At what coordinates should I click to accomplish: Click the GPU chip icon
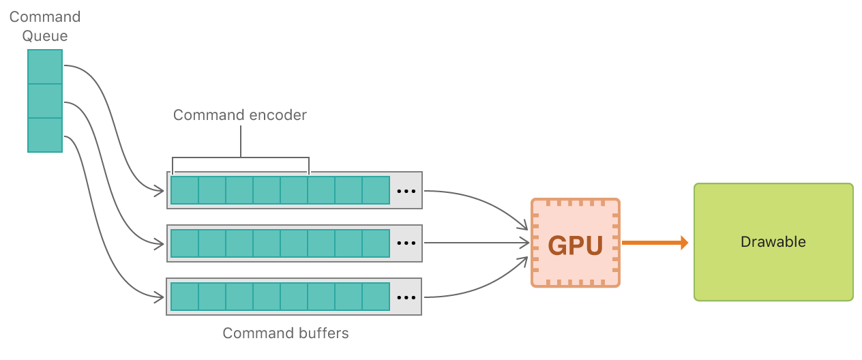[575, 243]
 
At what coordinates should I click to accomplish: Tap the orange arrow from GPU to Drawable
[655, 242]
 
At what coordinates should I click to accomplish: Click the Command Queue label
[45, 26]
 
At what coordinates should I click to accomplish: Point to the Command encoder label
[240, 115]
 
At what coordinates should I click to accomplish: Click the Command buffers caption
[286, 333]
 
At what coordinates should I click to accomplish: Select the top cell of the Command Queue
[45, 67]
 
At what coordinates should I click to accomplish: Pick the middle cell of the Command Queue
[45, 101]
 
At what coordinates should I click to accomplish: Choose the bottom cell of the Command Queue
[45, 135]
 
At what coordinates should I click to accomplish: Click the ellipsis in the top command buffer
[406, 191]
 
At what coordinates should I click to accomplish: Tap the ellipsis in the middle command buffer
[406, 243]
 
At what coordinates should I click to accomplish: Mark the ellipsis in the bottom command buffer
[406, 297]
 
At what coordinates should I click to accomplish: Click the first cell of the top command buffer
[185, 190]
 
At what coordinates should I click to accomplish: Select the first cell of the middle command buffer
[185, 243]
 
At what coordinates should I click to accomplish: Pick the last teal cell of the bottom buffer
[376, 297]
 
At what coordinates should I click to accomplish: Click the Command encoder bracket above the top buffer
[241, 158]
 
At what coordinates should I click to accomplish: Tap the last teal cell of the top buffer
[376, 190]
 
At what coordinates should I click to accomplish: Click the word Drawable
[773, 242]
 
